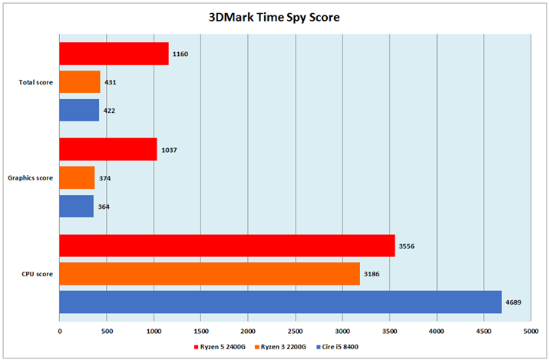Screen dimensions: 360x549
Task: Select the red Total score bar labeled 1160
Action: point(114,54)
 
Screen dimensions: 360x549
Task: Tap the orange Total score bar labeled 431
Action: point(80,82)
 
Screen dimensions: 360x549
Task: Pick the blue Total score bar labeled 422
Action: point(79,110)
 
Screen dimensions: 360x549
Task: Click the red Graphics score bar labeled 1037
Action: point(108,150)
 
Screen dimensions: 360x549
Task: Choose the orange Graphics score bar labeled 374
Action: point(77,178)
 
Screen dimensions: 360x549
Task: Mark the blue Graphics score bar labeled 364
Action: point(76,206)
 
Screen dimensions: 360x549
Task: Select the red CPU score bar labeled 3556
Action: point(227,246)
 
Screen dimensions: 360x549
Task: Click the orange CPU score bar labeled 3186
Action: point(210,273)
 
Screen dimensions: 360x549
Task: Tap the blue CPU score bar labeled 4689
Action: point(280,302)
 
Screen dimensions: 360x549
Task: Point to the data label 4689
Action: point(513,302)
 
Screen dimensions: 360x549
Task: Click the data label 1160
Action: point(180,54)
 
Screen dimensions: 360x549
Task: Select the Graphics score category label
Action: point(30,178)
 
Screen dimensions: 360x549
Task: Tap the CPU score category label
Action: point(37,274)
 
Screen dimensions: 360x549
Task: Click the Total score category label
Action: point(35,82)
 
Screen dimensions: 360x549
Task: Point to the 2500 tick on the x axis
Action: point(295,332)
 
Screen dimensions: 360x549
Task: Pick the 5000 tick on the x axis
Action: point(530,332)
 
